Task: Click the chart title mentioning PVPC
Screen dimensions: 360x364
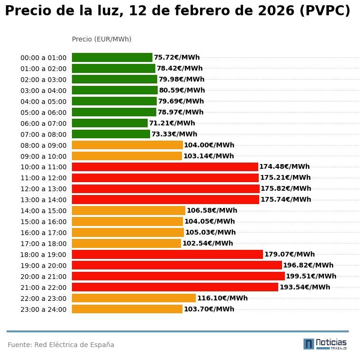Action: point(177,11)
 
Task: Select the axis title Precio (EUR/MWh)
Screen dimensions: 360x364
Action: point(101,39)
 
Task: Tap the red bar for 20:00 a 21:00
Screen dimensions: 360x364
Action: point(178,276)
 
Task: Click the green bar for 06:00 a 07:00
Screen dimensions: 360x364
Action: point(110,123)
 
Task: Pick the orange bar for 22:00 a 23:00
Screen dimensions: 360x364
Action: point(133,298)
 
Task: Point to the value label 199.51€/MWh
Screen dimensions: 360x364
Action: point(311,276)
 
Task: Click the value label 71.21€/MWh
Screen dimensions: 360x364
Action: point(172,123)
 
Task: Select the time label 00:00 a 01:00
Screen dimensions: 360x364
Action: point(43,58)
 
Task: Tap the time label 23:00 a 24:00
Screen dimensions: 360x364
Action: point(43,309)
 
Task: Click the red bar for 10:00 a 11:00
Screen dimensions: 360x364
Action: point(165,167)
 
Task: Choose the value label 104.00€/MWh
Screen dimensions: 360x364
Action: point(209,145)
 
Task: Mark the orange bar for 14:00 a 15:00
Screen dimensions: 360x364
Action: point(128,211)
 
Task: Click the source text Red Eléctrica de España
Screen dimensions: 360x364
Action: point(61,345)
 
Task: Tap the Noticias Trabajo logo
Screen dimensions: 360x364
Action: point(325,344)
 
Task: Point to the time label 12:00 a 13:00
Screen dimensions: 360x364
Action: point(43,189)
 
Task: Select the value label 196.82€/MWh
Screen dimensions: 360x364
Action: point(308,265)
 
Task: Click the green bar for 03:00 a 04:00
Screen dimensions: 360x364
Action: point(114,90)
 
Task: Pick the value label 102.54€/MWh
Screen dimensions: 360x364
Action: point(208,243)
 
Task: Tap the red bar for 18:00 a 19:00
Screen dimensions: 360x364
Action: point(167,254)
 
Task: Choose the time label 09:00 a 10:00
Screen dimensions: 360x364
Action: point(43,156)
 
